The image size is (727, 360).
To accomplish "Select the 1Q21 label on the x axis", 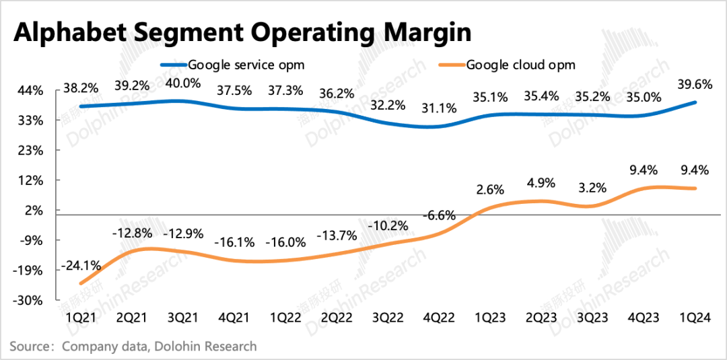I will (x=81, y=316).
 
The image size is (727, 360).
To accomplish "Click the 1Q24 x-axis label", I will (x=695, y=316).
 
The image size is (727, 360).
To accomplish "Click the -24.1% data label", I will (x=80, y=266).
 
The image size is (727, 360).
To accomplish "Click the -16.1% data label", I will (x=233, y=242).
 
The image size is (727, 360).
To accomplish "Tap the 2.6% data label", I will (x=489, y=189).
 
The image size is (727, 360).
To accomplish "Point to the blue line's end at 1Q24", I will (x=695, y=102).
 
